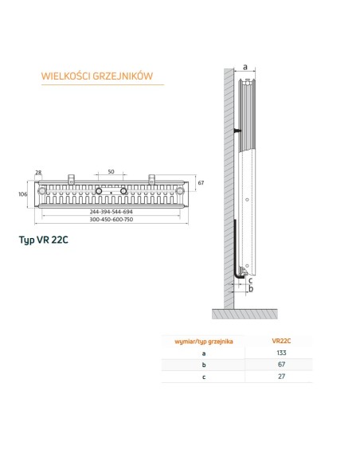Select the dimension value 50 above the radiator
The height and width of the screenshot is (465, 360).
pos(111,171)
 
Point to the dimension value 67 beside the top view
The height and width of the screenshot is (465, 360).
pos(202,183)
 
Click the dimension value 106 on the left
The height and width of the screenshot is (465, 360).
pos(24,193)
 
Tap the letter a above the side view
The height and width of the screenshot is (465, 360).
pos(245,68)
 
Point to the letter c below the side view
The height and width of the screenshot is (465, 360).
pos(252,279)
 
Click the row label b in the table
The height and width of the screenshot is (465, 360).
pos(203,364)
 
